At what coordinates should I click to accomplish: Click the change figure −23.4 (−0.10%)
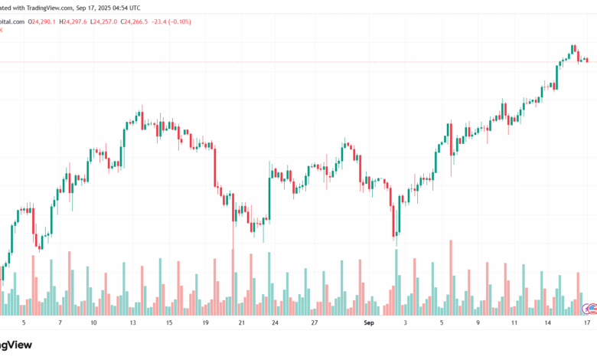click(175, 22)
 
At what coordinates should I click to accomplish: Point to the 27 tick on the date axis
click(315, 323)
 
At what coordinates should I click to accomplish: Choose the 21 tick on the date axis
click(241, 323)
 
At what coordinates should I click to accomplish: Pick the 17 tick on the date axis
click(586, 323)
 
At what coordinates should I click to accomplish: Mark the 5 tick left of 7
click(24, 323)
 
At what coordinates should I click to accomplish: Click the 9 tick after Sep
click(478, 323)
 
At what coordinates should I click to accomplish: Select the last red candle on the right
click(587, 60)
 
